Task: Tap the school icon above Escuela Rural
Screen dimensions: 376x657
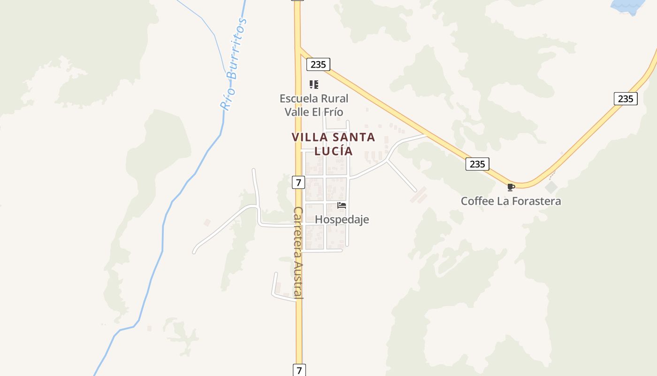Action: [x=314, y=85]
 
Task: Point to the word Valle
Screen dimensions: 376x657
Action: [x=297, y=112]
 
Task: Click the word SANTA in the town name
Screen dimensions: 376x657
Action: [x=352, y=137]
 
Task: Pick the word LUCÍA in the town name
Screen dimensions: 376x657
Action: [x=333, y=151]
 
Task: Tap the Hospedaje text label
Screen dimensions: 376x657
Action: [x=342, y=219]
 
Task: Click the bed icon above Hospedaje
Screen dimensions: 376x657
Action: [x=342, y=205]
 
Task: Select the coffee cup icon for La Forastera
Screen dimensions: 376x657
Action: [x=511, y=187]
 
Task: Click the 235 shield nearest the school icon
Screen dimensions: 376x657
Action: [x=318, y=64]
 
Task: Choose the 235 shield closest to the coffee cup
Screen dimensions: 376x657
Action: [x=477, y=164]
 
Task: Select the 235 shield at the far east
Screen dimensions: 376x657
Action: [x=625, y=99]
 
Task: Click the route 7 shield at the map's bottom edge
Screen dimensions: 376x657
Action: [x=299, y=369]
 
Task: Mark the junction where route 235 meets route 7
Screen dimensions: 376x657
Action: [x=298, y=47]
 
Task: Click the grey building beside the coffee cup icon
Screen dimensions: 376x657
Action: [x=551, y=187]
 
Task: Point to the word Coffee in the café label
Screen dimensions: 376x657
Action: [x=477, y=201]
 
